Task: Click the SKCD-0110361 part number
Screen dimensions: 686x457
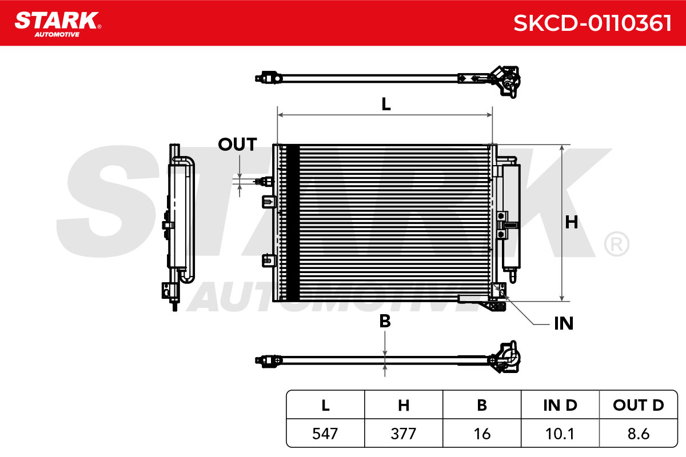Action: pos(592,23)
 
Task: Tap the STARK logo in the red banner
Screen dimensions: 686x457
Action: pos(58,25)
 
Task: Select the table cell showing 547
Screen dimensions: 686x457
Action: pos(325,434)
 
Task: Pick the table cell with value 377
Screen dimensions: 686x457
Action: pos(404,434)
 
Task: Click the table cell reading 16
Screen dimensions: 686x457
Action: pos(482,434)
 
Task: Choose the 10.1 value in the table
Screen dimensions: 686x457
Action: pos(560,434)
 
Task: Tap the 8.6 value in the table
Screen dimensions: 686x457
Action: pos(639,434)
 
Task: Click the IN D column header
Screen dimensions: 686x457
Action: pos(560,405)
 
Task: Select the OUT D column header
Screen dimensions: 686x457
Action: pos(639,405)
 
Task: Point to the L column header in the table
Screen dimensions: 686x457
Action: pos(325,405)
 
